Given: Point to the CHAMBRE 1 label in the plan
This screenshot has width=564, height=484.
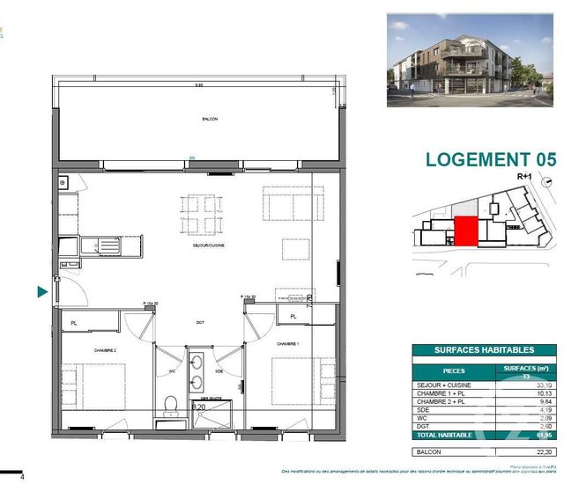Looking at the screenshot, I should point(289,344).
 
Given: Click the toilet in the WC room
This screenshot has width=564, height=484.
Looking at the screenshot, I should point(172,404).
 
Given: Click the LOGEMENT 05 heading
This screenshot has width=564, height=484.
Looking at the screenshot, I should point(490,159).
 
